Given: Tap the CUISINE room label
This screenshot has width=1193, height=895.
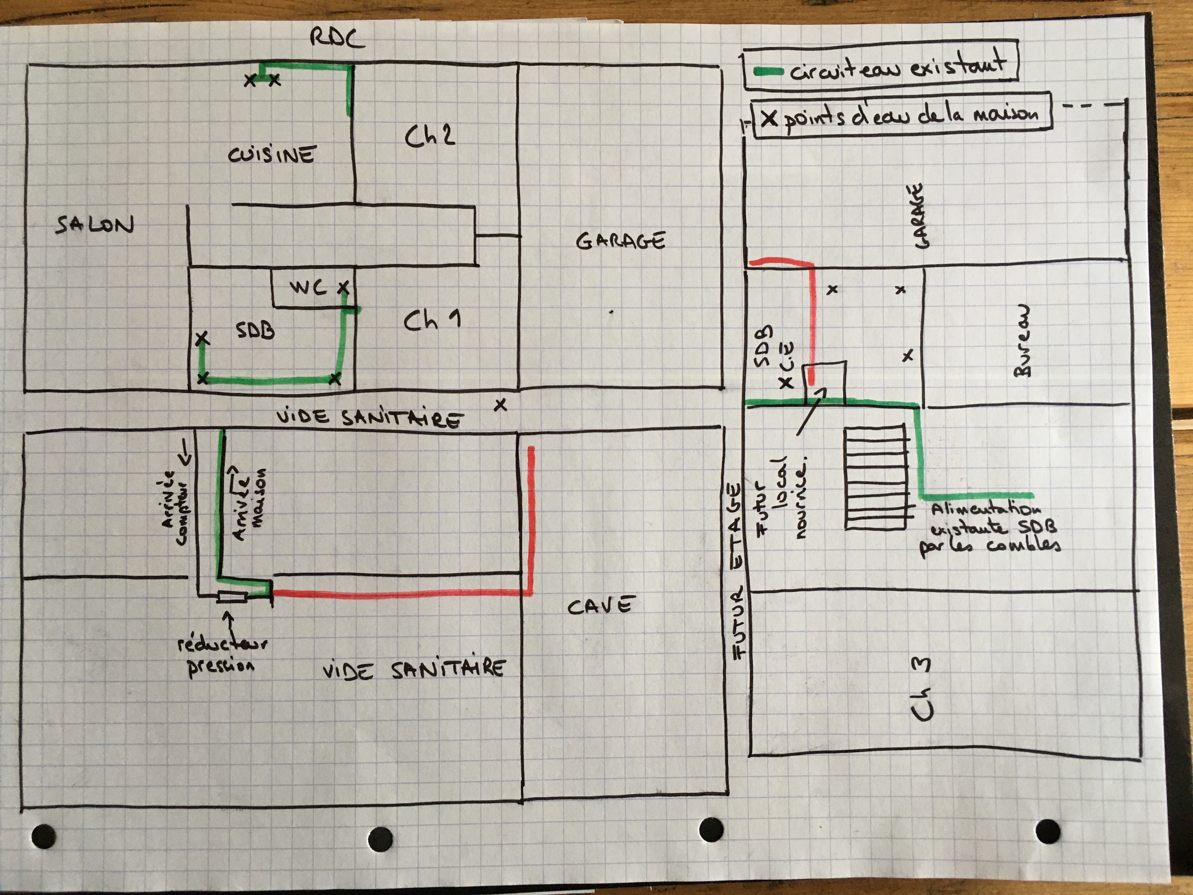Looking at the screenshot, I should coord(271,155).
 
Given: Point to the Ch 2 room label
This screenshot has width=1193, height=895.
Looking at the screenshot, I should coord(430,136).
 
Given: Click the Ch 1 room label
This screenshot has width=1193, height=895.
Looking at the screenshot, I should coord(431,321).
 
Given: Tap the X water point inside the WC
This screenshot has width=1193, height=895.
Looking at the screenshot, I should coord(343,288).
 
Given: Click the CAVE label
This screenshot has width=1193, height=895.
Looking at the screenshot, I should coord(599,606).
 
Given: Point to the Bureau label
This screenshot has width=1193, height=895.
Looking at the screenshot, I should coord(1021,341).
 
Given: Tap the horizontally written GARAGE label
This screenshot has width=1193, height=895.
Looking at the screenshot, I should coord(620,241).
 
